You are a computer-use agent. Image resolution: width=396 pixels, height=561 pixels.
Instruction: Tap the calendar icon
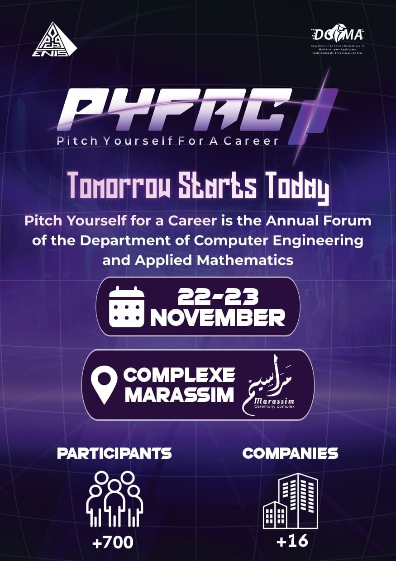[x=127, y=306]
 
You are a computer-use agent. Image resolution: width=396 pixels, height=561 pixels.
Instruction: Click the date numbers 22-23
[x=218, y=297]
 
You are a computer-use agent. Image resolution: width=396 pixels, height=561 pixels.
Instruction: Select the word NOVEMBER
[x=218, y=318]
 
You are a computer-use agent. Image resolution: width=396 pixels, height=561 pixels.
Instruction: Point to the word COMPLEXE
[x=180, y=375]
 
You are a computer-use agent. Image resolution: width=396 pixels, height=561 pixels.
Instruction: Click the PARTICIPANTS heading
[x=115, y=453]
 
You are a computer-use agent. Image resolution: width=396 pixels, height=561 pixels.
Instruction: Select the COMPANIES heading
[x=290, y=453]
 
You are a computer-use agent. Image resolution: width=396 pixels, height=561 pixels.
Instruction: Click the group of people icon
[x=115, y=499]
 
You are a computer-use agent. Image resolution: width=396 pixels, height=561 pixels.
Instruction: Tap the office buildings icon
[x=290, y=501]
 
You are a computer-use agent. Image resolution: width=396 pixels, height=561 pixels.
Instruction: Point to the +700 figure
[x=113, y=542]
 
